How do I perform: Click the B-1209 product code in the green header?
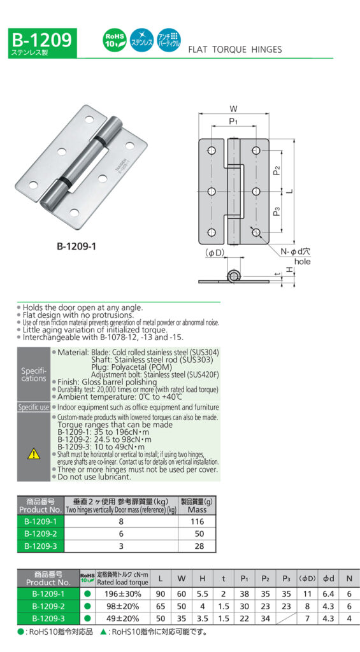(x=41, y=40)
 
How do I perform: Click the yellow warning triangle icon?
(x=33, y=454)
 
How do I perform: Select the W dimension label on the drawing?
(x=233, y=109)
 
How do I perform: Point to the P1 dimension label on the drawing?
(x=233, y=122)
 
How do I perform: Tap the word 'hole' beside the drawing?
(x=302, y=262)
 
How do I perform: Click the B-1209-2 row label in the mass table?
(x=41, y=534)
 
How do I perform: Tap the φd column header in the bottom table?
(x=328, y=579)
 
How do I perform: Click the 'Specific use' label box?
(x=33, y=407)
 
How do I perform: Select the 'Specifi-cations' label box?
(x=33, y=374)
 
